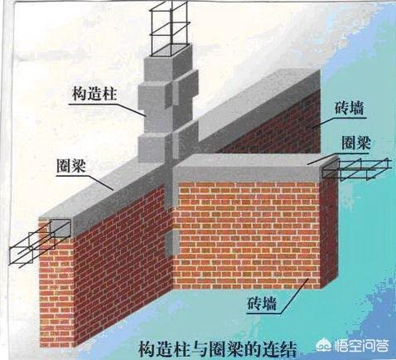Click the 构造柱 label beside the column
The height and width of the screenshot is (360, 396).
(x=94, y=94)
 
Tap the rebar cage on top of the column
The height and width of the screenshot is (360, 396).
(x=169, y=29)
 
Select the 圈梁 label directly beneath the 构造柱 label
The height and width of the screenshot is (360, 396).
(x=71, y=165)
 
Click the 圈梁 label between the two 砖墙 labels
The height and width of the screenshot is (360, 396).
(x=356, y=143)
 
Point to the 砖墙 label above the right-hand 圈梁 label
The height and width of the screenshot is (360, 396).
(x=350, y=108)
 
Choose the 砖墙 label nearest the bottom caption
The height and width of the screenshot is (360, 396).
(x=262, y=304)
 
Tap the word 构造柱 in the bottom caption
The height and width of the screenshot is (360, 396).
(x=164, y=349)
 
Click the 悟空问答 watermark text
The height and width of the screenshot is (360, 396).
(x=363, y=345)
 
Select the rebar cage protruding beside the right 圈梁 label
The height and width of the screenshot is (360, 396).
(x=357, y=169)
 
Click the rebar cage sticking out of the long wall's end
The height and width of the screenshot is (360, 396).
(x=39, y=243)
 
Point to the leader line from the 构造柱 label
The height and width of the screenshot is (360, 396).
(x=107, y=109)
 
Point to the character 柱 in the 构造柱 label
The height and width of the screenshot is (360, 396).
(x=109, y=94)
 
